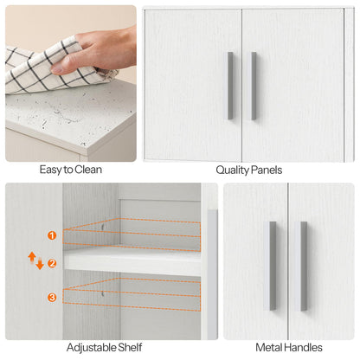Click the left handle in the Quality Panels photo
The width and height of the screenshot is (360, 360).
tap(230, 86)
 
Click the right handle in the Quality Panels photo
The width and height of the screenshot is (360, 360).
tap(254, 86)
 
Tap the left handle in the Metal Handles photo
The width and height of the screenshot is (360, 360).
tap(273, 266)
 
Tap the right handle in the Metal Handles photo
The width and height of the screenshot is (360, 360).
tap(304, 266)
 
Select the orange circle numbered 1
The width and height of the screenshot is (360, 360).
tap(52, 235)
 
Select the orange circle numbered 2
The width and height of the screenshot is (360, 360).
tap(52, 263)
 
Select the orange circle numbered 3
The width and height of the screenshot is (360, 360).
tap(52, 297)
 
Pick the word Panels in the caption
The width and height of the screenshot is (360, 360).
tap(266, 170)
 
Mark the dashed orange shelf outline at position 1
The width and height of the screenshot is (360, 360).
tap(130, 234)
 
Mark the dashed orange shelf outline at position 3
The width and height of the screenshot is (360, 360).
tap(130, 295)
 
